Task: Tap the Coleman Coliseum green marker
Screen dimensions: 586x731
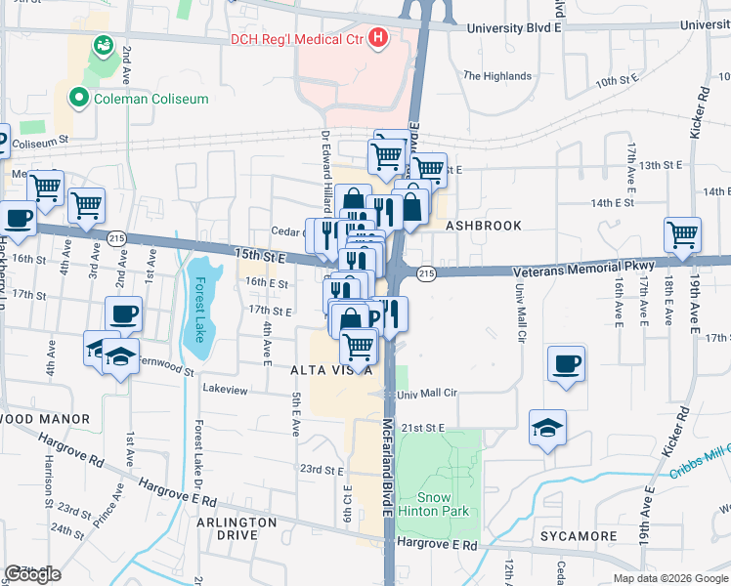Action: coord(77,97)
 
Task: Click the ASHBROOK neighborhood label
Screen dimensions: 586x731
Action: coord(483,225)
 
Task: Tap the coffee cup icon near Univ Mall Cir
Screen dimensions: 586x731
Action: coord(567,363)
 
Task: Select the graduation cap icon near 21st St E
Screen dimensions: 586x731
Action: coord(547,427)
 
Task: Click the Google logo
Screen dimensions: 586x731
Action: coord(32,574)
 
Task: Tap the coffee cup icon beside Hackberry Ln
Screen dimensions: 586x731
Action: coord(18,217)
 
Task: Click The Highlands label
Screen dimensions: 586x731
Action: coord(497,75)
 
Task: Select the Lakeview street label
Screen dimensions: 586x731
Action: coord(225,389)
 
